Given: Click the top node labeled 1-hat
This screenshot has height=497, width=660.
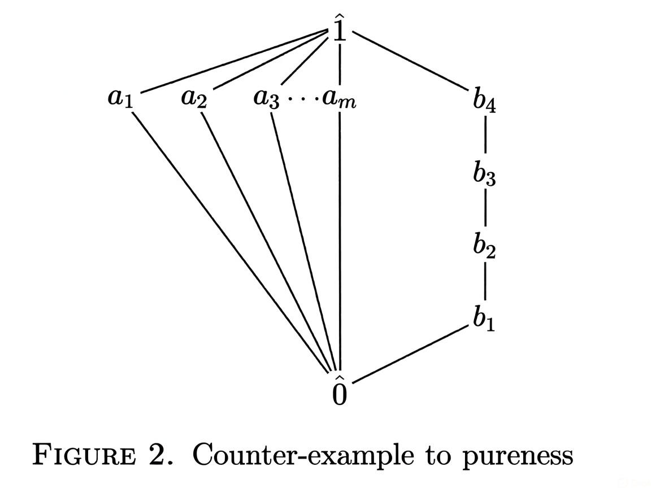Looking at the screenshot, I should [x=339, y=28].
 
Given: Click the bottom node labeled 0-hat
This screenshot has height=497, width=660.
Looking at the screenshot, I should [x=339, y=391].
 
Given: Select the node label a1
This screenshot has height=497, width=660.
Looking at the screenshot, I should [x=120, y=98].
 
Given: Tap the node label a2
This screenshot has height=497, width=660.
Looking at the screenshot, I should [x=194, y=98].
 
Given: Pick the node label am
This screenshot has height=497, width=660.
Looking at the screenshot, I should [x=340, y=99].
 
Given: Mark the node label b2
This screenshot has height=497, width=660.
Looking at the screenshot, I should [x=484, y=246].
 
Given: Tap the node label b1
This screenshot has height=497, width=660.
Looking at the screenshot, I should [x=484, y=320].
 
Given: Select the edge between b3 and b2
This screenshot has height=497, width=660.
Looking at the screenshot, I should [x=485, y=210].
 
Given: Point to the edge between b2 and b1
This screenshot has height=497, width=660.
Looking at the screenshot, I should [x=485, y=284].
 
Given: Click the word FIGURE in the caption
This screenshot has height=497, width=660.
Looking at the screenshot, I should [x=84, y=455].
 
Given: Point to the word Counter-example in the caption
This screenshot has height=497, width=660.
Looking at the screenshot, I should [x=303, y=455].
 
